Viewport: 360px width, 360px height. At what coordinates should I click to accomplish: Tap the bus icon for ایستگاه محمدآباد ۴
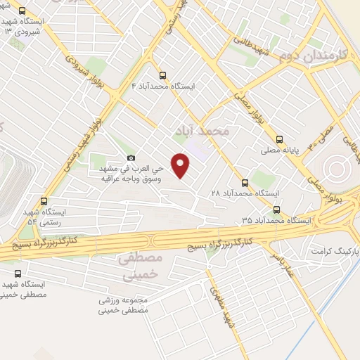click(x=163, y=74)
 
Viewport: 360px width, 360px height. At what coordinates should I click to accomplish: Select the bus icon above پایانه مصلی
click(x=280, y=139)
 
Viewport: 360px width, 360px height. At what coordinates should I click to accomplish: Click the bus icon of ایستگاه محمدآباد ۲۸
click(x=245, y=182)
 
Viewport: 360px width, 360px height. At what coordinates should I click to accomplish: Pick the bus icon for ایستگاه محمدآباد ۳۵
click(x=276, y=209)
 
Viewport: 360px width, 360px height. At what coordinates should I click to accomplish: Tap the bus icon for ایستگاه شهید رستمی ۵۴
click(x=44, y=200)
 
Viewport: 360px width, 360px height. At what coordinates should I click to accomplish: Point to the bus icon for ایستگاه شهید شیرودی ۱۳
click(x=22, y=11)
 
